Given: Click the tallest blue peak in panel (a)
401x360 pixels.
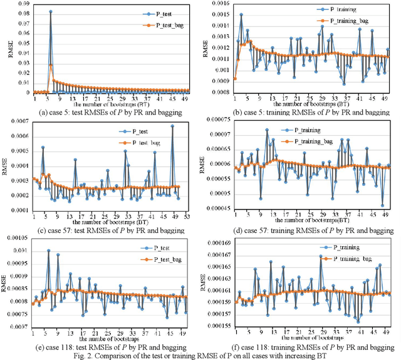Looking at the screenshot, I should pos(50,11).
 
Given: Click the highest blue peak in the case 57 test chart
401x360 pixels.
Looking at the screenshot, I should pos(172,126).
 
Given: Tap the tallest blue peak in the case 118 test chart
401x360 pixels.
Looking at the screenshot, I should pos(49,251).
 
